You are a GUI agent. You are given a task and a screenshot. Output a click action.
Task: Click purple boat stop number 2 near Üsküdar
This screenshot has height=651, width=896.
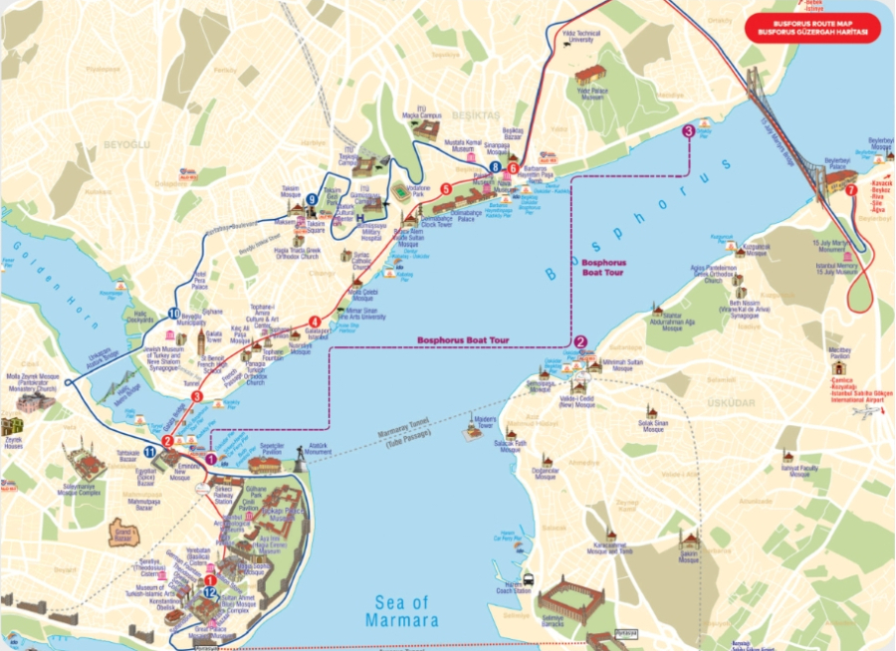point(580,341)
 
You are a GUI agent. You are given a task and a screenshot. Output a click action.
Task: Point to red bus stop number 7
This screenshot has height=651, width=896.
point(851,190)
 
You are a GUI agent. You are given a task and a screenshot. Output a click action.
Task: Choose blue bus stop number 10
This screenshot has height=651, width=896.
point(175,287)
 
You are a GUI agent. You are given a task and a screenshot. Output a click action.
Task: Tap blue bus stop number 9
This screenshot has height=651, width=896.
point(313,199)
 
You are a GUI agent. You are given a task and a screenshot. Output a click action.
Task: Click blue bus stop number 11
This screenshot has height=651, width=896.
point(149,452)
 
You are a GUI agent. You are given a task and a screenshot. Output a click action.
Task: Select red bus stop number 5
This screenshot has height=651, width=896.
point(446,188)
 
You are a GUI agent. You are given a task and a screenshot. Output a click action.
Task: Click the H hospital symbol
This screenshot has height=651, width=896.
point(359,216)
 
